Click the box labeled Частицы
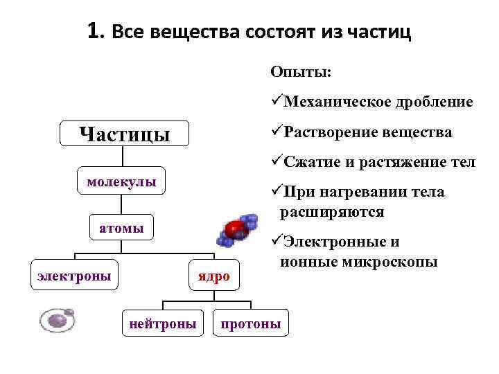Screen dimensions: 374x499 (124, 133)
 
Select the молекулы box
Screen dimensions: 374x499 (121, 182)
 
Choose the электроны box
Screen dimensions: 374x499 (74, 275)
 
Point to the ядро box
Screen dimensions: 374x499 (212, 276)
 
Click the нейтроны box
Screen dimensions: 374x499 (163, 323)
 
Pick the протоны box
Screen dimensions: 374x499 (250, 323)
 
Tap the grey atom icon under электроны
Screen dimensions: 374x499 (57, 320)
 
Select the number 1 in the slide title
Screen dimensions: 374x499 (94, 31)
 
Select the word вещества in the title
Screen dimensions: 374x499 (183, 33)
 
